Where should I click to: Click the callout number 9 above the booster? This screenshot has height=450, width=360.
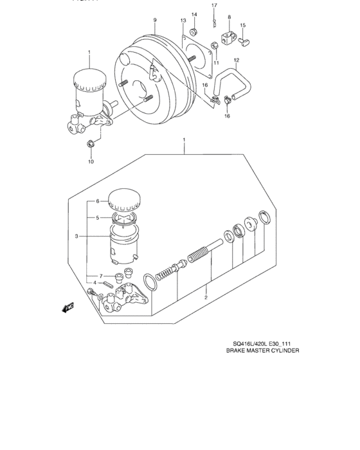[155, 21]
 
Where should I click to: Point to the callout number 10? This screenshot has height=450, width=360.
[91, 161]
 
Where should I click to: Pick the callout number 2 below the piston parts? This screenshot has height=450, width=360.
[206, 297]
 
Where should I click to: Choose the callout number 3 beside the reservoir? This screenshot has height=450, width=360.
[76, 237]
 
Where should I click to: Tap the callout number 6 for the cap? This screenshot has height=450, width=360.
[98, 201]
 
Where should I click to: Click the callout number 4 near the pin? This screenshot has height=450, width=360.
[94, 283]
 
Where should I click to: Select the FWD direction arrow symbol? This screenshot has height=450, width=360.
[68, 309]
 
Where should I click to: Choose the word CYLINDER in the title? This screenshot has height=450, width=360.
[282, 352]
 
